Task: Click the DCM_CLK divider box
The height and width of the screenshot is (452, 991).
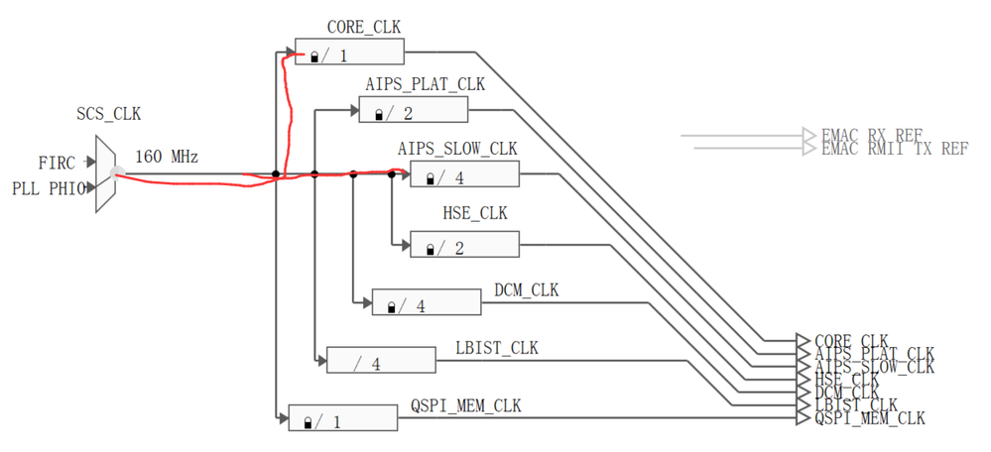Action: [427, 303]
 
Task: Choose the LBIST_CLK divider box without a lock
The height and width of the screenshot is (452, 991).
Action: [381, 362]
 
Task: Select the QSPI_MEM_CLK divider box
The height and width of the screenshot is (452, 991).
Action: [341, 419]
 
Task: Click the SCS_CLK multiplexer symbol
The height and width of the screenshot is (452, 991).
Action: [105, 174]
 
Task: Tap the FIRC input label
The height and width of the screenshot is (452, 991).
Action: [58, 161]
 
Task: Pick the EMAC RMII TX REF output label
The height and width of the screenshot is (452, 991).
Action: [894, 149]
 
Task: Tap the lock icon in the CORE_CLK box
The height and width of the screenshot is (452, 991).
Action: [314, 57]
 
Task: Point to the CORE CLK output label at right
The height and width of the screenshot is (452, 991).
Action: [851, 341]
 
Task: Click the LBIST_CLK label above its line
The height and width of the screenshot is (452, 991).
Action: [495, 348]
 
